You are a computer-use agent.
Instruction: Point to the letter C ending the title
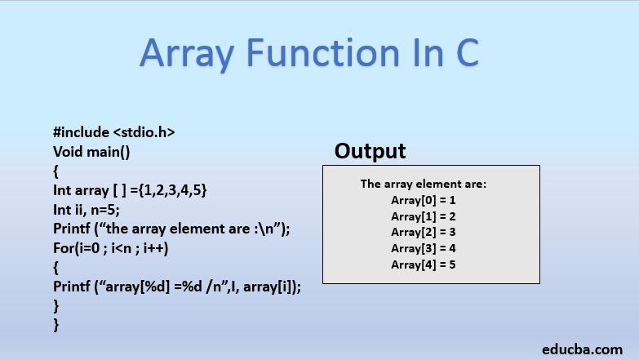(462, 53)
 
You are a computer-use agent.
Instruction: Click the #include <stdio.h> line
(114, 132)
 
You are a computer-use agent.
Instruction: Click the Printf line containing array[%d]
(177, 287)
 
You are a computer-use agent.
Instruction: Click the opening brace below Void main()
(56, 171)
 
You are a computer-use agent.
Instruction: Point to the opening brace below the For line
(56, 268)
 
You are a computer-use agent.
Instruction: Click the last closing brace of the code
(56, 326)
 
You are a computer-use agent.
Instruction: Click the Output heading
(371, 151)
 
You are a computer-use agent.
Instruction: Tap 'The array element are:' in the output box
(424, 184)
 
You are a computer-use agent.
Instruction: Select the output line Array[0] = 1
(424, 199)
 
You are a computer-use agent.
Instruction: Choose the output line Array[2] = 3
(424, 232)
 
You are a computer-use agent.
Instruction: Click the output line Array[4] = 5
(424, 264)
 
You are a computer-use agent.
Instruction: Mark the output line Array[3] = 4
(424, 248)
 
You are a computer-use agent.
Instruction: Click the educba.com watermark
(582, 348)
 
